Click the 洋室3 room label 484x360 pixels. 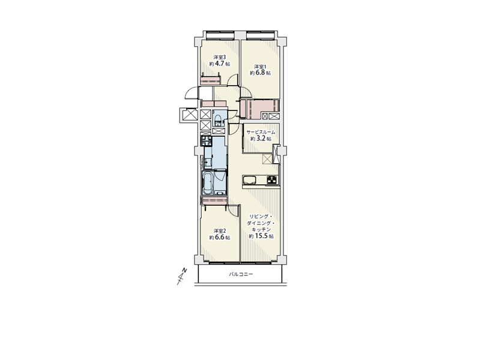tap(220, 57)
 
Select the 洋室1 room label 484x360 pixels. tap(261, 67)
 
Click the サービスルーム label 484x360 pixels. tap(261, 132)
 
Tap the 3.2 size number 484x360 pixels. tap(261, 139)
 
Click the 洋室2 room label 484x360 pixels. tap(220, 231)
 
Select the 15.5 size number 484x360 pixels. tap(261, 236)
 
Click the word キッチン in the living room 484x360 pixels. tap(261, 230)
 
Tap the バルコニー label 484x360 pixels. tap(241, 274)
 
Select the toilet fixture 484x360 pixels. tap(217, 121)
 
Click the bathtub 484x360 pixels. tap(207, 183)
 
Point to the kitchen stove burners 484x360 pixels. tap(271, 180)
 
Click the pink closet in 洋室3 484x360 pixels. tap(210, 81)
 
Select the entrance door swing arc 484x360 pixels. tap(192, 93)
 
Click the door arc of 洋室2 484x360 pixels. tap(234, 211)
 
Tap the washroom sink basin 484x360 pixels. tap(208, 162)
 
